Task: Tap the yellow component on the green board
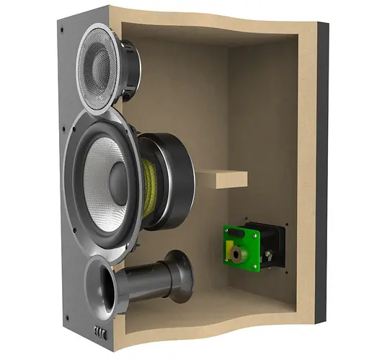click(232, 254)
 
